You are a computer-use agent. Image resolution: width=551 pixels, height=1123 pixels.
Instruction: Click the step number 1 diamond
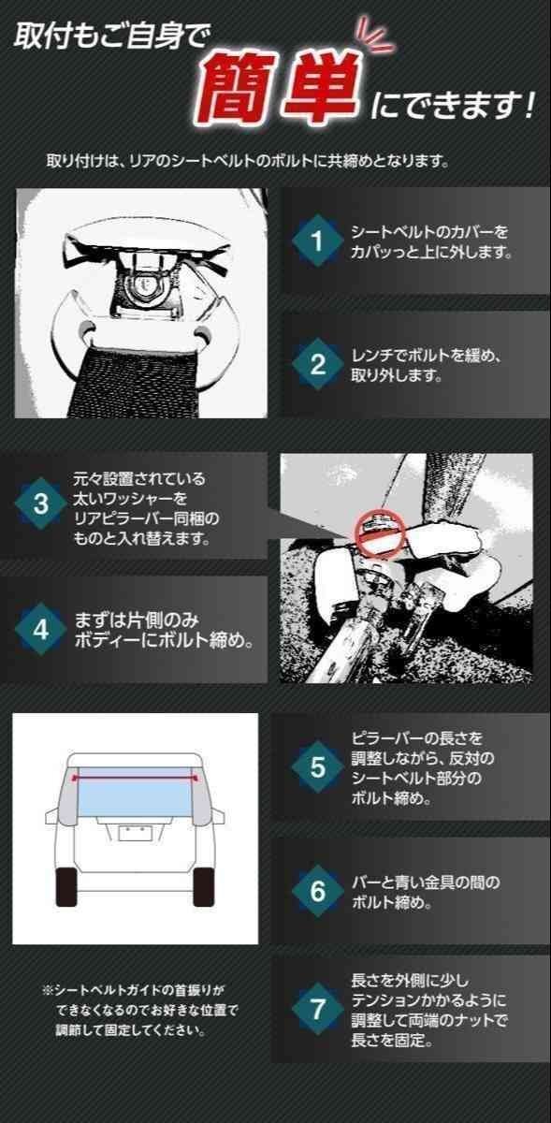tap(317, 241)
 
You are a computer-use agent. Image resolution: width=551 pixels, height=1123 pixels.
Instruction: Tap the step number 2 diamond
tap(317, 365)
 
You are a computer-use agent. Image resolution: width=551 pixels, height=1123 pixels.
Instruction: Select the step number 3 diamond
tap(41, 503)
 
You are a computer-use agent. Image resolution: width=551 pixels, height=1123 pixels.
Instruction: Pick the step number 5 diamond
tap(317, 767)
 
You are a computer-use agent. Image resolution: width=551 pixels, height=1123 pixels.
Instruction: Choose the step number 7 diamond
tap(317, 1010)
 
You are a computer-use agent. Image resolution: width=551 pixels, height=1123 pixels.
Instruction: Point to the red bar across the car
tap(136, 778)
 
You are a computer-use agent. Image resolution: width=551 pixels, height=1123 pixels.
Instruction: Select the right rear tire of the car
tap(202, 885)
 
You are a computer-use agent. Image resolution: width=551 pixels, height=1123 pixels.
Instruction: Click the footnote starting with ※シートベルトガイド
tap(140, 1010)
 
